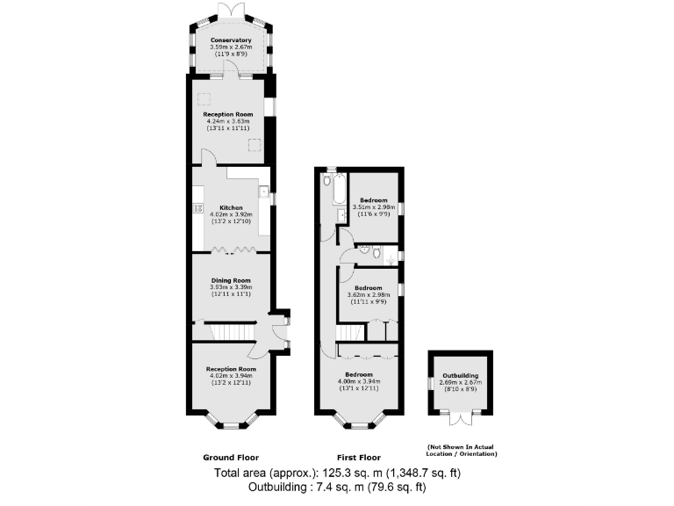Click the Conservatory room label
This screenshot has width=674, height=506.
click(231, 40)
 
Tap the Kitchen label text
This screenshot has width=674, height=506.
click(231, 208)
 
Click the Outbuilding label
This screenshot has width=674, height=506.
click(460, 375)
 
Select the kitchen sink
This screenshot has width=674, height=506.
click(262, 192)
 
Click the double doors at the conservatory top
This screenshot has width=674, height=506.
click(231, 8)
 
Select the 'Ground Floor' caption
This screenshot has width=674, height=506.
click(230, 458)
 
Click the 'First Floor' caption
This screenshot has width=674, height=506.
click(357, 458)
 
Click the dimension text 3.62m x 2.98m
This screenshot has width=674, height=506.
click(368, 295)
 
